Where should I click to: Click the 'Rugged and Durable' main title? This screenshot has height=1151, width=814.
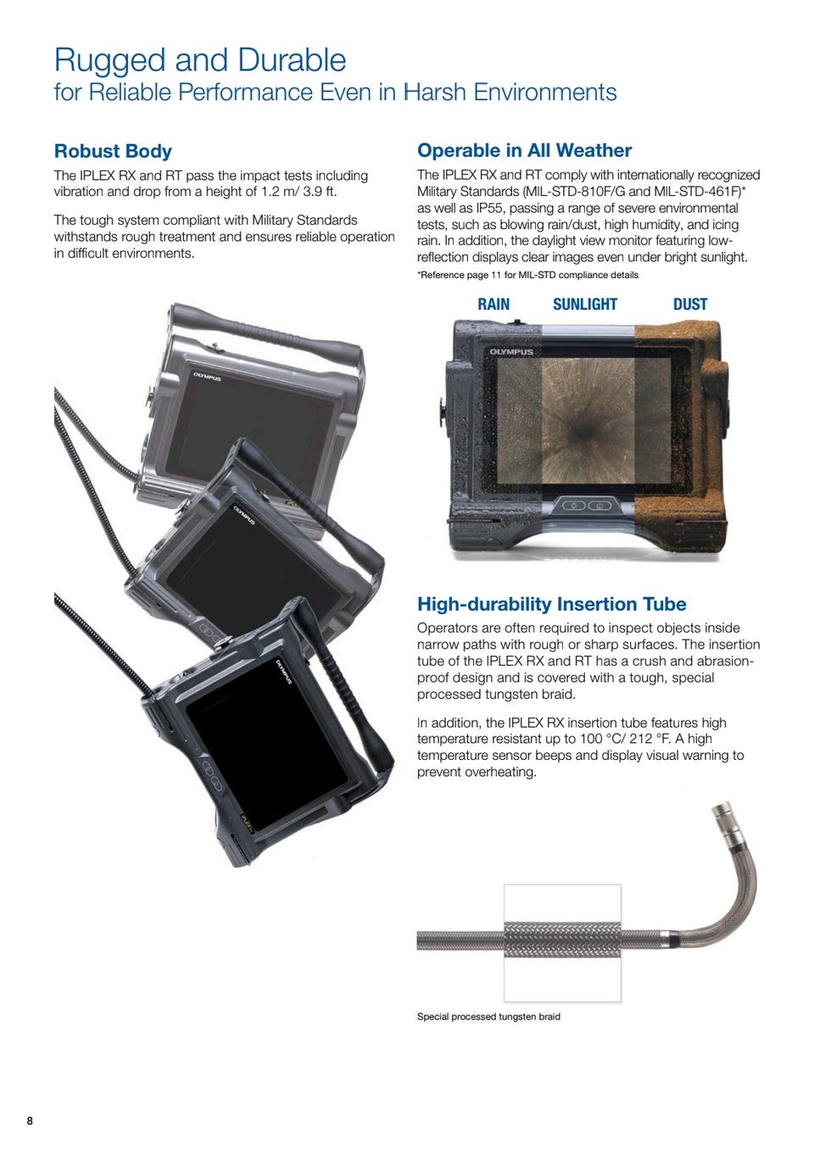(200, 60)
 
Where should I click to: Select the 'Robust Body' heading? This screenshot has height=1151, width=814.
(113, 151)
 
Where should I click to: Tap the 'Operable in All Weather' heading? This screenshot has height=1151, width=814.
(524, 150)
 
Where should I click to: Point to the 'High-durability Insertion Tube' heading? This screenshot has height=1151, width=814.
(551, 604)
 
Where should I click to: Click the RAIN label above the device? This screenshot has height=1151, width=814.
(493, 305)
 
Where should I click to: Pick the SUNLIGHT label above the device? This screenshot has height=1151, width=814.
(585, 305)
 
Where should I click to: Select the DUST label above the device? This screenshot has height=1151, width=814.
(690, 305)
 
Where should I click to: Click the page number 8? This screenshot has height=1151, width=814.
(30, 1120)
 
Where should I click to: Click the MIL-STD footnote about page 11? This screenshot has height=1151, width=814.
(527, 275)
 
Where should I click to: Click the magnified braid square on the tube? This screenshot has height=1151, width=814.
(562, 943)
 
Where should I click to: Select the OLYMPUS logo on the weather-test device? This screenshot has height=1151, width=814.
(511, 352)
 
